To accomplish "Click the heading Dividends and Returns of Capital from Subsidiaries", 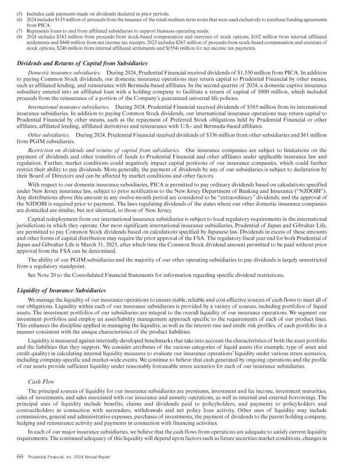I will point(82,63).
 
